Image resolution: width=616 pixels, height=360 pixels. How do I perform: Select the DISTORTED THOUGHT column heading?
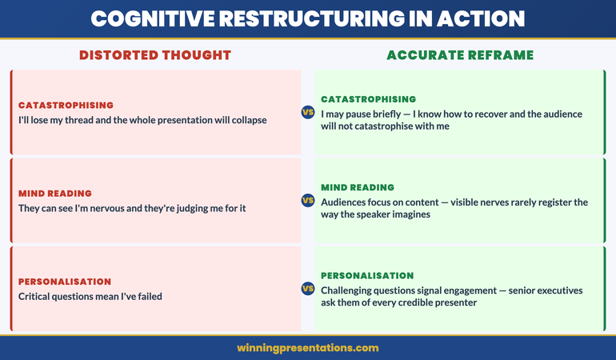[x=154, y=55]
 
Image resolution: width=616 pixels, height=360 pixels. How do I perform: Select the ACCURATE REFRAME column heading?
[x=460, y=55]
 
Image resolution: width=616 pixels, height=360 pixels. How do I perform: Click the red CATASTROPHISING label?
[x=66, y=105]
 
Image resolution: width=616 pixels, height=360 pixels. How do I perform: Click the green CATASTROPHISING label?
[x=368, y=99]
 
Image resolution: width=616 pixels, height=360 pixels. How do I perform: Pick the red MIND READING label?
[x=55, y=193]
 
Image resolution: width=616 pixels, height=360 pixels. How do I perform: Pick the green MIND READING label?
[x=358, y=187]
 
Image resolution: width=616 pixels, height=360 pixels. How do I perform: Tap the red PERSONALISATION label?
[x=65, y=282]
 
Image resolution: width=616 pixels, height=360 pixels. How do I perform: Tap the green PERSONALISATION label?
[x=367, y=275]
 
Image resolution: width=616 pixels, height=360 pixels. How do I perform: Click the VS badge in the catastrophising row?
[x=308, y=112]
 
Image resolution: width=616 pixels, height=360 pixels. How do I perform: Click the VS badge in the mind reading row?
[x=308, y=200]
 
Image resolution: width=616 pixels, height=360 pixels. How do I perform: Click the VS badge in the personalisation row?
[x=308, y=288]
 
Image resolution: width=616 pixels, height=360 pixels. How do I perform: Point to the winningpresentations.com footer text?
[x=308, y=348]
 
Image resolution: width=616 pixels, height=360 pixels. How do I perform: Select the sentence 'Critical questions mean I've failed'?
[x=90, y=296]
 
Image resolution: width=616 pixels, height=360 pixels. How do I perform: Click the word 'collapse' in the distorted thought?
[x=246, y=120]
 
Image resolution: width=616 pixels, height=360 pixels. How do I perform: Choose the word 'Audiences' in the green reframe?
[x=346, y=202]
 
